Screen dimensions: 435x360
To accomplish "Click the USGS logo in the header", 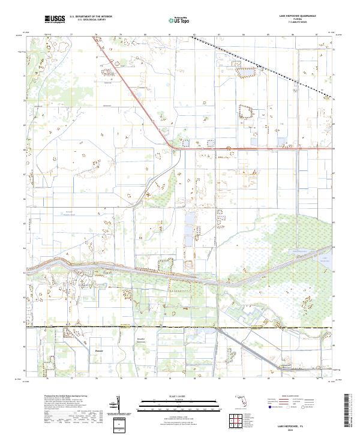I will (55, 20).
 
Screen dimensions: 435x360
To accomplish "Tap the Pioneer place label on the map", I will (100, 350).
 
